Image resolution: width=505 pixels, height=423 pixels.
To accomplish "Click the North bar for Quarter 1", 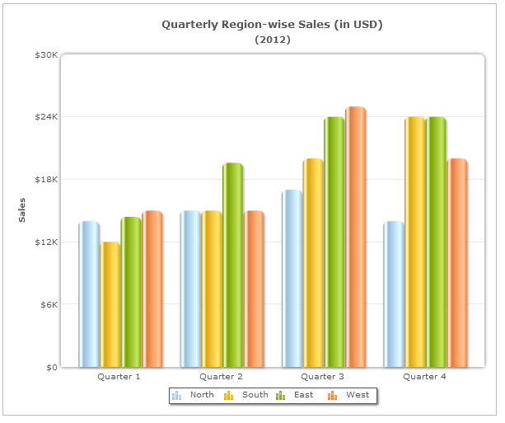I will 88,294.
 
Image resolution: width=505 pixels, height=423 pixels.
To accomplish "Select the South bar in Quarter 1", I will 110,304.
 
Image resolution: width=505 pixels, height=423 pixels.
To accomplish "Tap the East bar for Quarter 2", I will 232,265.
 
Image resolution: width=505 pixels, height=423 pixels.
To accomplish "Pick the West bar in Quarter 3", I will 355,237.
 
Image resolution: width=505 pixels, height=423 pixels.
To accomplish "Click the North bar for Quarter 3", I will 292,278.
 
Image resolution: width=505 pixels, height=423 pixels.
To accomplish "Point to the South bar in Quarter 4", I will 414,242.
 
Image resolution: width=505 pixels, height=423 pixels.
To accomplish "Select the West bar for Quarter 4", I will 456,262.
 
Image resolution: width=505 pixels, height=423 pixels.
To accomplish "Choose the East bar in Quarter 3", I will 334,242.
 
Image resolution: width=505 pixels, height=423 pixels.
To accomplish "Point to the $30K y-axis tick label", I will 45,54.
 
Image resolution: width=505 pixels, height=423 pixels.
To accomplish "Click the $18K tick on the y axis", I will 45,180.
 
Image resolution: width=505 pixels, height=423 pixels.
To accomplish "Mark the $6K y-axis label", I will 47,304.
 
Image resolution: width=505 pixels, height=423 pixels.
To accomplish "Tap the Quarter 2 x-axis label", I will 221,376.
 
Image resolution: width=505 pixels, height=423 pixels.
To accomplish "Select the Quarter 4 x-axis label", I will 425,376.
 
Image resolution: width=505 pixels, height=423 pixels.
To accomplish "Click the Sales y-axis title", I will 23,210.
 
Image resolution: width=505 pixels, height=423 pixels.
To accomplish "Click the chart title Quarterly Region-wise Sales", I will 272,25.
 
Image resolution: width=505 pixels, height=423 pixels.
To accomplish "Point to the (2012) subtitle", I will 272,40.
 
